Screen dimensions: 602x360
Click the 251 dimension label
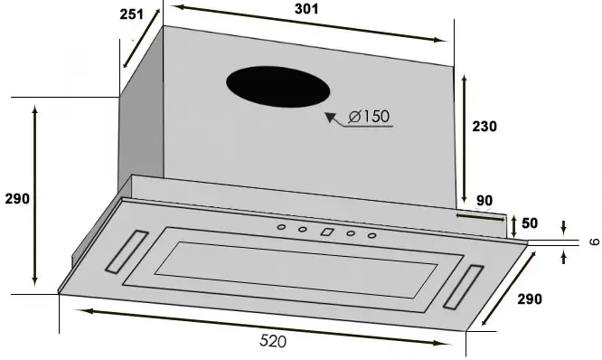click(131, 14)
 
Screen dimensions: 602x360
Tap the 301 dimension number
click(306, 9)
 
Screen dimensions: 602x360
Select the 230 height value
click(484, 127)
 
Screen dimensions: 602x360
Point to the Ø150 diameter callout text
click(369, 116)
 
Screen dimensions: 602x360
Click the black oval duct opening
click(278, 87)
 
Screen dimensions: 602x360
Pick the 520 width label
click(273, 341)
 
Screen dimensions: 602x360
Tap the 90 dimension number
click(484, 201)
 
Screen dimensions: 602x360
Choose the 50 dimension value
click(530, 223)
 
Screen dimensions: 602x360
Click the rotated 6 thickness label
click(595, 242)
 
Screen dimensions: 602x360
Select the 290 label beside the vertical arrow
click(17, 199)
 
